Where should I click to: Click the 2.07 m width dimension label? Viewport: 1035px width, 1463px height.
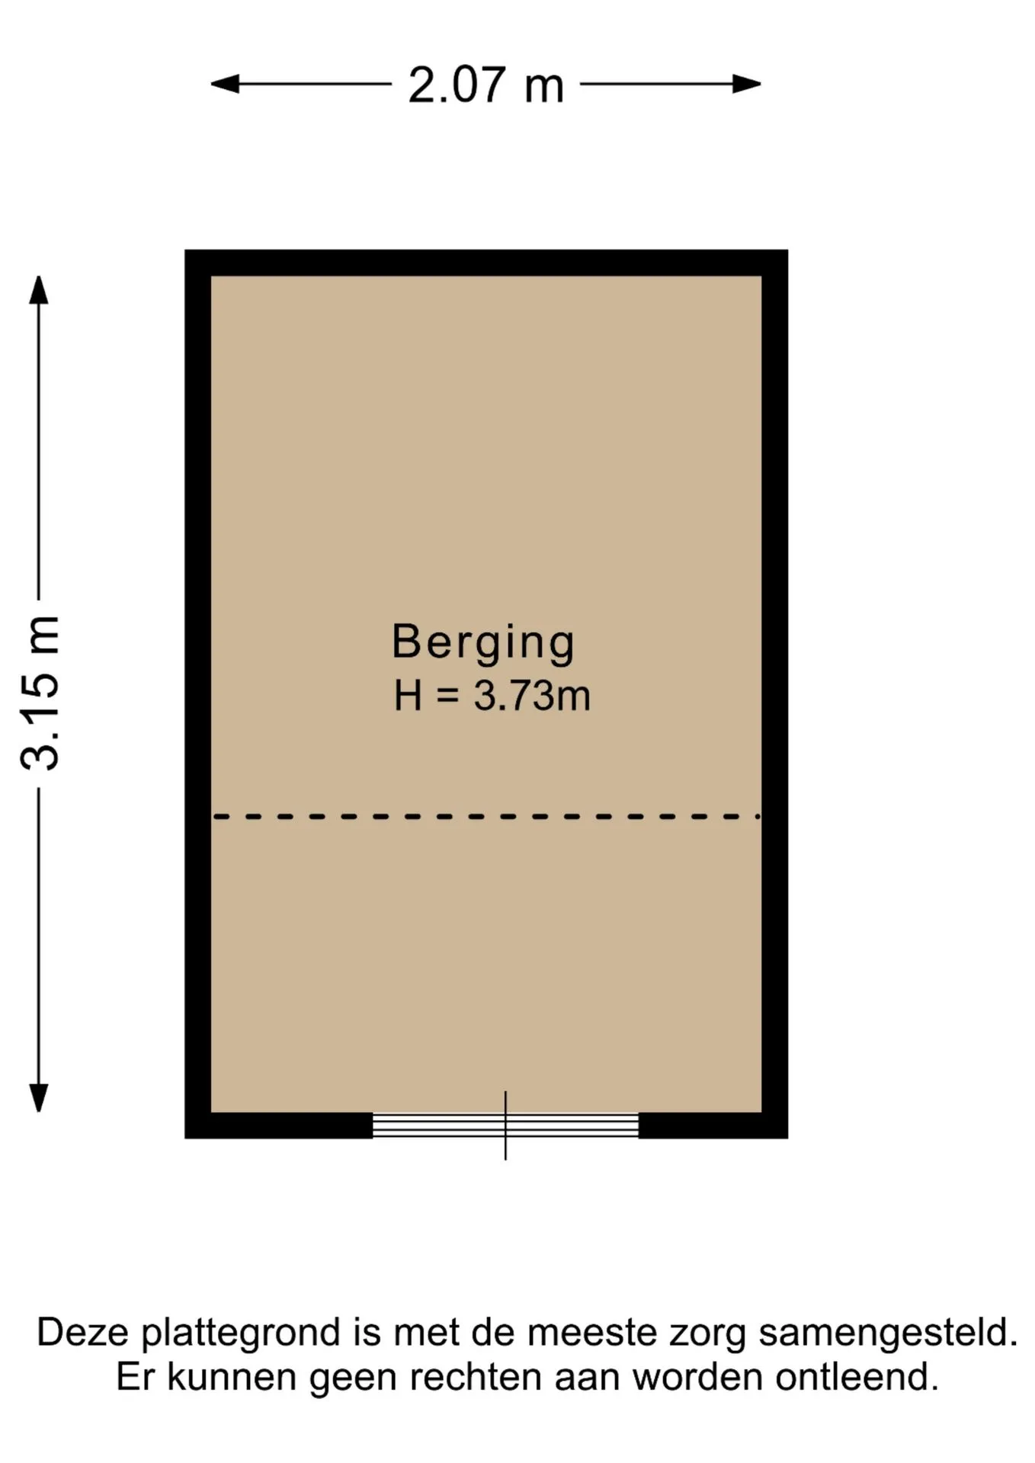tap(485, 85)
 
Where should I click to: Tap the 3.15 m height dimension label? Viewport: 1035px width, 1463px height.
tap(40, 693)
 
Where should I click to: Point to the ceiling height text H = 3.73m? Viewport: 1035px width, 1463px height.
tap(492, 696)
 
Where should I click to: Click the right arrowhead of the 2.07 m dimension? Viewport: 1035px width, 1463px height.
tap(747, 84)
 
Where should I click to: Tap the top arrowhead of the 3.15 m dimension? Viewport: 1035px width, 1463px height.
tap(39, 290)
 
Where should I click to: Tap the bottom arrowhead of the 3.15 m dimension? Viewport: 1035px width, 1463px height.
tap(39, 1098)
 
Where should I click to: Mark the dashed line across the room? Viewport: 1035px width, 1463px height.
tap(486, 817)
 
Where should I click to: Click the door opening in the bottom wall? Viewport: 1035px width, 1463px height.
tap(505, 1125)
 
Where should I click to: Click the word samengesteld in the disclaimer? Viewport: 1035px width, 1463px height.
tap(888, 1332)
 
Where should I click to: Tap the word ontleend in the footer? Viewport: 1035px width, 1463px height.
tap(857, 1378)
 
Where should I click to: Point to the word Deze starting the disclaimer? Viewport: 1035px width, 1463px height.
tap(84, 1332)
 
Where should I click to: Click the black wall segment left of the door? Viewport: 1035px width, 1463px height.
tap(279, 1125)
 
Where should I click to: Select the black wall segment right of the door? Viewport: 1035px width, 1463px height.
tap(713, 1125)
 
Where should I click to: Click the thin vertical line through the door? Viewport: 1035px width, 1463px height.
tap(505, 1125)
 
